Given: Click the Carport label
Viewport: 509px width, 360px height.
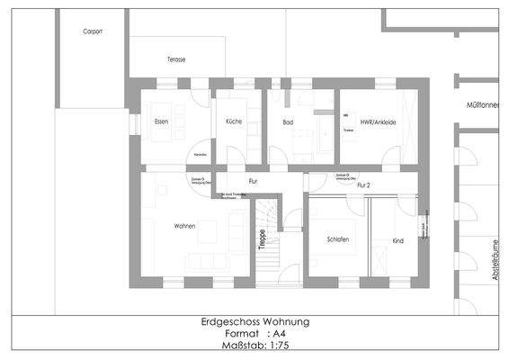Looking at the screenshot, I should pyautogui.click(x=92, y=31).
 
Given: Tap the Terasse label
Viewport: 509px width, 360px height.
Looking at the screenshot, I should pyautogui.click(x=175, y=59).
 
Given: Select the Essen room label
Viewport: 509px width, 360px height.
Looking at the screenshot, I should pyautogui.click(x=161, y=121).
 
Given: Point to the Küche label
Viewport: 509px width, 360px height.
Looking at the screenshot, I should pyautogui.click(x=234, y=121).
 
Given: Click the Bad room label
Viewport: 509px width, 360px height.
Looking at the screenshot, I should pyautogui.click(x=288, y=121).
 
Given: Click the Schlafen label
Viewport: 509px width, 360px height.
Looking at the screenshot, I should pyautogui.click(x=337, y=239).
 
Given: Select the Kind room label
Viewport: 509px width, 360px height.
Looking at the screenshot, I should pyautogui.click(x=397, y=240).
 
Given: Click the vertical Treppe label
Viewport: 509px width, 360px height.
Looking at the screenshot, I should pyautogui.click(x=262, y=239).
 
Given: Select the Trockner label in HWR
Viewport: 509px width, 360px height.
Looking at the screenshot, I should pyautogui.click(x=348, y=130).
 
